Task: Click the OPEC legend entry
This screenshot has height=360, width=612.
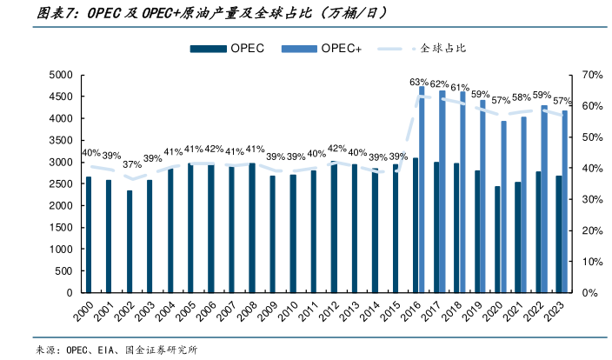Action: point(236,49)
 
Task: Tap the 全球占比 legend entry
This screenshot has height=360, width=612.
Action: point(432,49)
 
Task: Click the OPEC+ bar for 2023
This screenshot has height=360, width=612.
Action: point(565,202)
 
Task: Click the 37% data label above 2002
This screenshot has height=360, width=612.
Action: point(131,165)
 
